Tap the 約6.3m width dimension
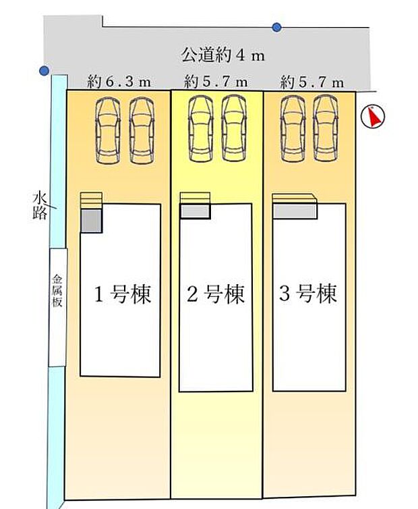(119, 83)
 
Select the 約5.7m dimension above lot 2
(216, 83)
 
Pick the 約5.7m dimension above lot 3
(311, 83)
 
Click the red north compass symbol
(371, 117)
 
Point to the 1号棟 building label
(121, 294)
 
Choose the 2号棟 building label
(216, 294)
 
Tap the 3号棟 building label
(309, 294)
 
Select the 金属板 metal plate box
(58, 307)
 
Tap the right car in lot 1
(141, 130)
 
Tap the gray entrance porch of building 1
(91, 221)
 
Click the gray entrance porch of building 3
(295, 211)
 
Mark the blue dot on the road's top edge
(276, 27)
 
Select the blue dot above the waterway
(44, 70)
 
